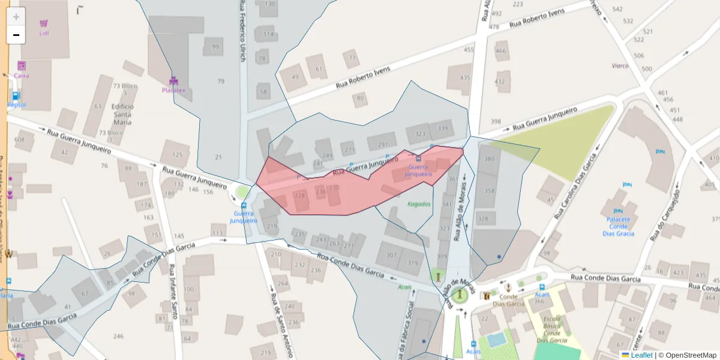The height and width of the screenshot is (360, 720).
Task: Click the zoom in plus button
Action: pyautogui.click(x=16, y=17)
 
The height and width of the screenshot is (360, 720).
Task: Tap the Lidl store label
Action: pyautogui.click(x=44, y=33)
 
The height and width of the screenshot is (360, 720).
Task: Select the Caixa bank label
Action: pyautogui.click(x=22, y=76)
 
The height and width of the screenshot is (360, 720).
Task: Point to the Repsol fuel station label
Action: pyautogui.click(x=16, y=104)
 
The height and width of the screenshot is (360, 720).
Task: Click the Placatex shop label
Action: pyautogui.click(x=173, y=90)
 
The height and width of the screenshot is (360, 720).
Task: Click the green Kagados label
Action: pyautogui.click(x=419, y=204)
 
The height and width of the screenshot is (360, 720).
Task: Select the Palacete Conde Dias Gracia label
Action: pyautogui.click(x=619, y=226)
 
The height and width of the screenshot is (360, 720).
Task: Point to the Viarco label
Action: pyautogui.click(x=620, y=65)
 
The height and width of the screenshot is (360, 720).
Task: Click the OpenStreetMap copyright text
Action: pyautogui.click(x=687, y=355)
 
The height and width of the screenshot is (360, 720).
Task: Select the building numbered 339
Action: pyautogui.click(x=443, y=128)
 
